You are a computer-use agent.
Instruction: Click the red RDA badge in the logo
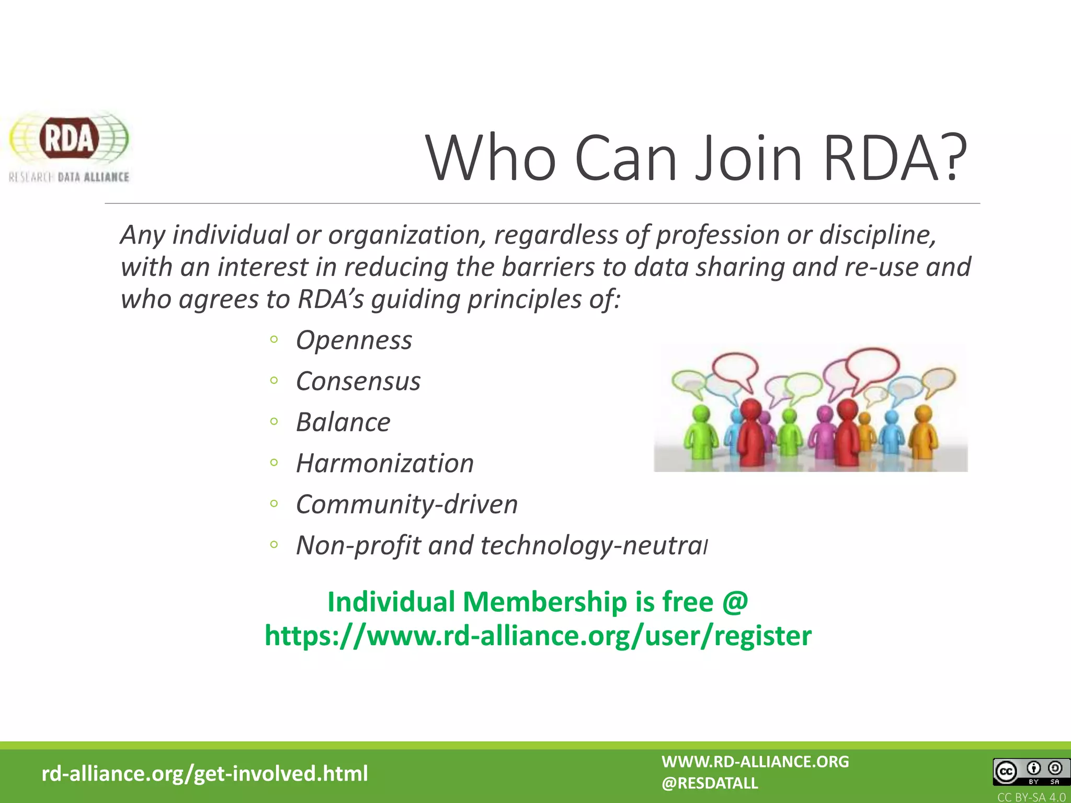(x=69, y=139)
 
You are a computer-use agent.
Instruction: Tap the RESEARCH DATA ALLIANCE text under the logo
(x=69, y=177)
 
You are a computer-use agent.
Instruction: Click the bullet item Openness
(x=354, y=340)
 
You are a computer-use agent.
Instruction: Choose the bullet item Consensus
(x=358, y=381)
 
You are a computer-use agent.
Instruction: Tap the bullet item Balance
(x=343, y=422)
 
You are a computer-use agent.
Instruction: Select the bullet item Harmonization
(x=385, y=463)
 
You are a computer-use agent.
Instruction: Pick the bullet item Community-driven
(x=407, y=504)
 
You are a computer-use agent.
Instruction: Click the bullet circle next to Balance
(x=274, y=422)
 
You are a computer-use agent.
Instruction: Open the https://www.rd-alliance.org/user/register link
(x=538, y=636)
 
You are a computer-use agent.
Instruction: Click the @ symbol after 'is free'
(x=735, y=602)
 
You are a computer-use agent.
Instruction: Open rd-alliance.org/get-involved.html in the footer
(x=204, y=773)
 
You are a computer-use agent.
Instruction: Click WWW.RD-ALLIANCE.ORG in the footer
(x=755, y=762)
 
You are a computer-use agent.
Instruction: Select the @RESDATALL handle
(x=710, y=783)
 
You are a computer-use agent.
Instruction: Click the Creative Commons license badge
(x=1031, y=772)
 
